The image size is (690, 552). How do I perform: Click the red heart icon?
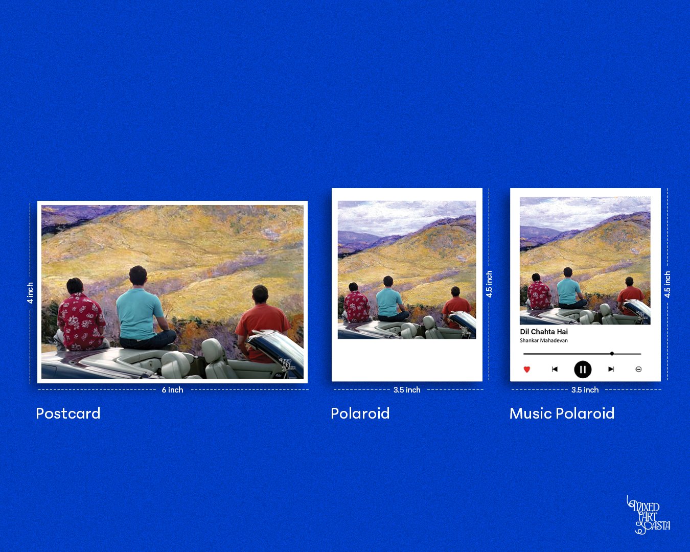click(527, 370)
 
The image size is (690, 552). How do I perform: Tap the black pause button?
click(583, 370)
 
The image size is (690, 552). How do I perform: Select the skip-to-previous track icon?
click(555, 369)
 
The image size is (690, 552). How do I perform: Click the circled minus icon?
click(638, 370)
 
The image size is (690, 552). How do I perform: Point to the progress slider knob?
click(612, 354)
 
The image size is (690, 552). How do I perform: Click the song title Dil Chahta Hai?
click(544, 332)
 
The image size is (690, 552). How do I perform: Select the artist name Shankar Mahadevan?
click(544, 340)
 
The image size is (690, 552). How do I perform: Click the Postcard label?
click(68, 413)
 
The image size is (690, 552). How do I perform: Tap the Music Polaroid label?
click(562, 413)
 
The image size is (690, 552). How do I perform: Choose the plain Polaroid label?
click(360, 413)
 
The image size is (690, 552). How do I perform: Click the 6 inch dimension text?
click(173, 389)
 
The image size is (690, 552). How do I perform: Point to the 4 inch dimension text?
click(30, 293)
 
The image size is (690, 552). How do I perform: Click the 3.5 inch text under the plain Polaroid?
click(407, 389)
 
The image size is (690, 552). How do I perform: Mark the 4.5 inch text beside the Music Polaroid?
click(667, 284)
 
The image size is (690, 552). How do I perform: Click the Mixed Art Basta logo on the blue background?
click(648, 515)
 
